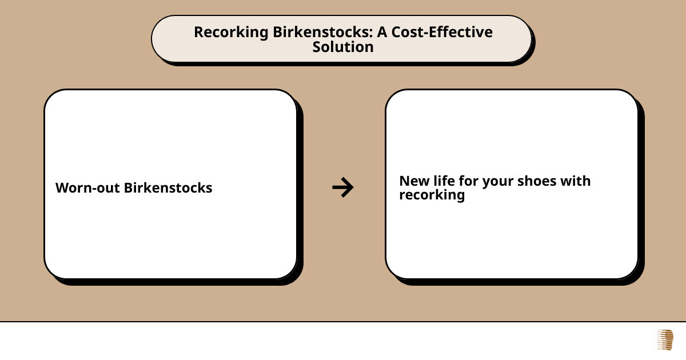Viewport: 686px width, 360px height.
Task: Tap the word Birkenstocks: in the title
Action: (323, 32)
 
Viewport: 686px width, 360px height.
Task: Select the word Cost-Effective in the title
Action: (442, 32)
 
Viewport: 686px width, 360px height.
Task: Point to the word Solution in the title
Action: (343, 47)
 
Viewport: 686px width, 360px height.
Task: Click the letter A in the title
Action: (382, 33)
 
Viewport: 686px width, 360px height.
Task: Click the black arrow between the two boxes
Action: (343, 187)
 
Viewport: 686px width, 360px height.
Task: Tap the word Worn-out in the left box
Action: (87, 188)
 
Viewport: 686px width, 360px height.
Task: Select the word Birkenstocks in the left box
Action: (168, 187)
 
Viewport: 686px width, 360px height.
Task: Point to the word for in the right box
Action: (468, 181)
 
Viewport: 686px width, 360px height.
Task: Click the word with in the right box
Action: (576, 181)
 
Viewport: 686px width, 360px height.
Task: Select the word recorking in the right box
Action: (432, 195)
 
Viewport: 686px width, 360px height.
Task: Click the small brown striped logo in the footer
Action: (665, 340)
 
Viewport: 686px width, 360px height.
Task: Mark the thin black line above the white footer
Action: (343, 322)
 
